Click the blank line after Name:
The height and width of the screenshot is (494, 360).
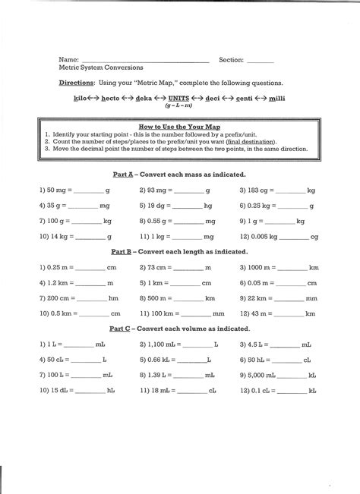click(x=144, y=61)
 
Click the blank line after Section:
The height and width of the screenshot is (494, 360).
click(x=260, y=61)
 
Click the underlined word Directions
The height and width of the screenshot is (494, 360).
click(x=81, y=83)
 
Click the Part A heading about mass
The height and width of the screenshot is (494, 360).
click(x=180, y=174)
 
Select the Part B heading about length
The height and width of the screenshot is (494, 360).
click(x=180, y=251)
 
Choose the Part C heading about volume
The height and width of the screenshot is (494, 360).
click(x=180, y=329)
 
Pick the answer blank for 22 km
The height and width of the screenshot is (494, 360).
click(x=289, y=301)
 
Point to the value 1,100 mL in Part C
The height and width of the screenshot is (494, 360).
click(x=163, y=344)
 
